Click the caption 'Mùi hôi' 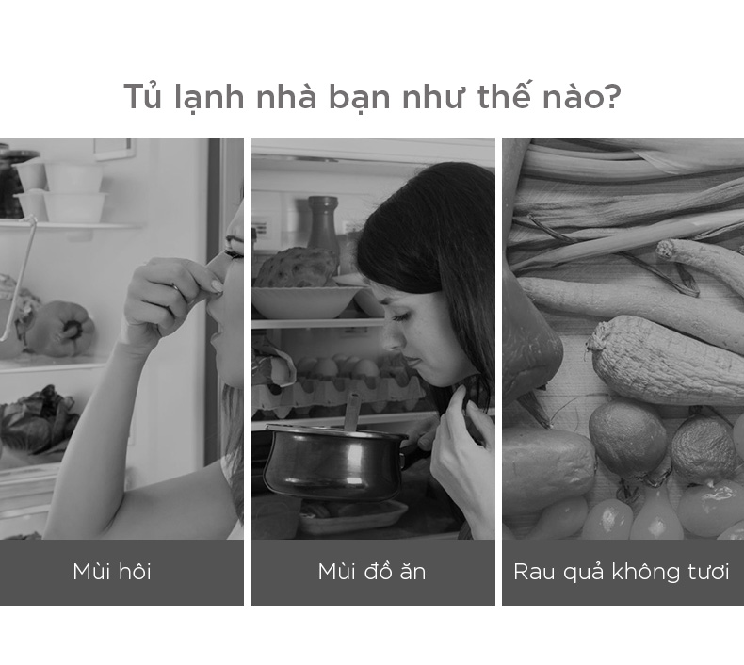tap(112, 572)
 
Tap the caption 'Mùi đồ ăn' tap(372, 572)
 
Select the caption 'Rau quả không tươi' tap(622, 572)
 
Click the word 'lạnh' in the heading tap(209, 97)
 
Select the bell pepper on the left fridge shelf tap(60, 329)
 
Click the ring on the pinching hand tap(175, 287)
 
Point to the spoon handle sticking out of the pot tap(351, 412)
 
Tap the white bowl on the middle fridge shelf tap(305, 301)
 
